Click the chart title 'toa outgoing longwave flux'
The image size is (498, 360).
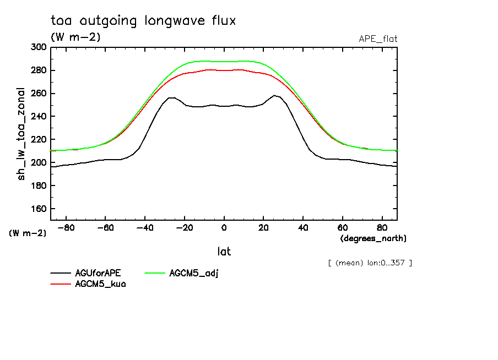pyautogui.click(x=143, y=21)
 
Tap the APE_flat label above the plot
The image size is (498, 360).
pyautogui.click(x=378, y=39)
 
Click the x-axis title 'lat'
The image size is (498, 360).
pyautogui.click(x=224, y=252)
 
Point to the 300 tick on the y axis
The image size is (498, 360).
pyautogui.click(x=38, y=47)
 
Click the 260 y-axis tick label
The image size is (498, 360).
pyautogui.click(x=38, y=94)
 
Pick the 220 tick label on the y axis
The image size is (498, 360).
pyautogui.click(x=38, y=140)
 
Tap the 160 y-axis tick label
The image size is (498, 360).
pyautogui.click(x=38, y=209)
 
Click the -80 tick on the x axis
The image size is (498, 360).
pyautogui.click(x=66, y=228)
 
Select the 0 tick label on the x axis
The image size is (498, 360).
pyautogui.click(x=224, y=228)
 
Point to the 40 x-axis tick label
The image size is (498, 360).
pyautogui.click(x=303, y=228)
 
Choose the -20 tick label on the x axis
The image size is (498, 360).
pyautogui.click(x=184, y=228)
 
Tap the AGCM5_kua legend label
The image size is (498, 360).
pyautogui.click(x=100, y=284)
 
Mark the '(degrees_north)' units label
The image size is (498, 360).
pyautogui.click(x=373, y=238)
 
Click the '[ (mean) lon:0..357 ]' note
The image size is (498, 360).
pyautogui.click(x=370, y=263)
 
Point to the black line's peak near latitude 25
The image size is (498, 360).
pyautogui.click(x=274, y=95)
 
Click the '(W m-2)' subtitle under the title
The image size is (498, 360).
pyautogui.click(x=75, y=37)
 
